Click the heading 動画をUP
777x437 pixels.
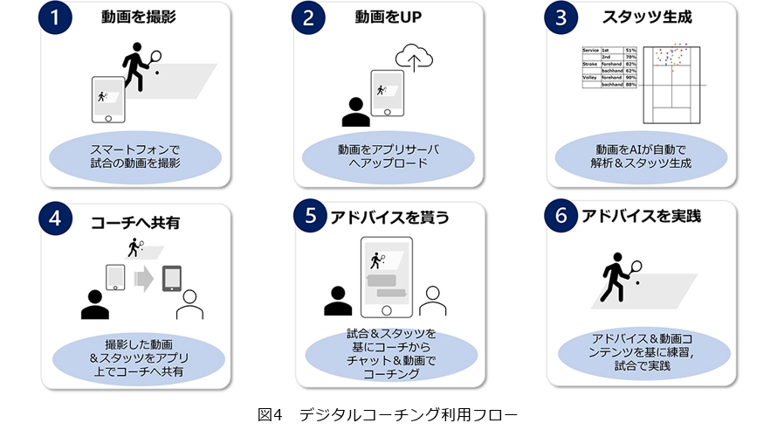click(x=388, y=18)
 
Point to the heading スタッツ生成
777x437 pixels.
click(x=647, y=18)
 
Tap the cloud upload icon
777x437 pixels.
click(x=413, y=59)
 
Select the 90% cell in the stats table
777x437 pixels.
click(x=631, y=78)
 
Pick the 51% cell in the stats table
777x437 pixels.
click(x=631, y=50)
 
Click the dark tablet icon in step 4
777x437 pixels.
click(x=171, y=277)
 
